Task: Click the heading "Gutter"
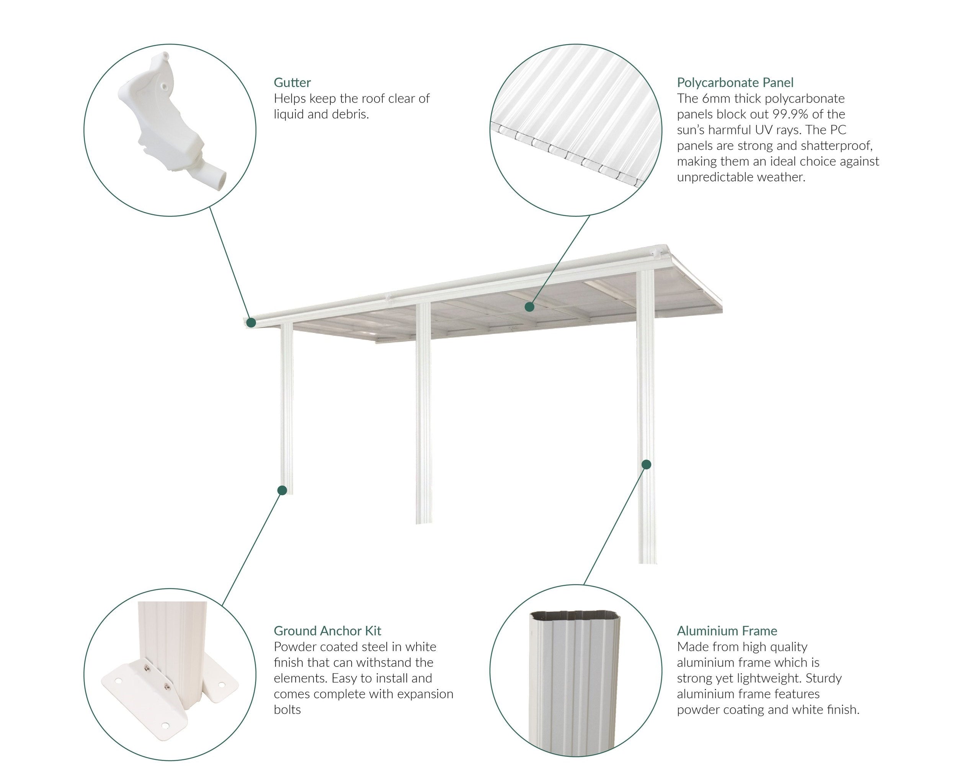click(x=292, y=83)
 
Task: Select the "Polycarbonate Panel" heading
click(x=735, y=83)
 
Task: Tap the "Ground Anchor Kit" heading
click(x=327, y=631)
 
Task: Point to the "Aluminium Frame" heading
click(x=727, y=631)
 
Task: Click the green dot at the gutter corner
click(x=251, y=322)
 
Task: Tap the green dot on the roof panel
click(x=529, y=307)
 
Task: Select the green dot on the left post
click(x=282, y=490)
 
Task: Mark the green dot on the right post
click(x=646, y=465)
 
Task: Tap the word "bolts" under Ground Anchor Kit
click(x=287, y=710)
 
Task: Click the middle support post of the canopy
click(x=423, y=413)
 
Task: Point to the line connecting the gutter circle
click(x=230, y=265)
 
